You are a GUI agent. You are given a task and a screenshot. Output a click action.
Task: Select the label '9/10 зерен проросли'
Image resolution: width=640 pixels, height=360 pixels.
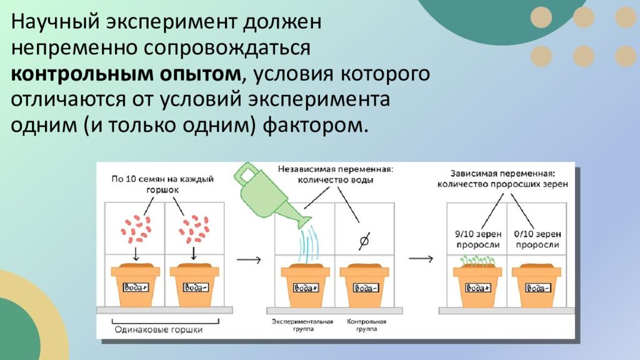tap(477, 239)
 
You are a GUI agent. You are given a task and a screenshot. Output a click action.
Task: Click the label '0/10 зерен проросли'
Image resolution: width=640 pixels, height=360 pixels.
tap(535, 239)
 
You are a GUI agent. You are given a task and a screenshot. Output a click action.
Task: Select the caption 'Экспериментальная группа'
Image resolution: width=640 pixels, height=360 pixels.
tap(302, 325)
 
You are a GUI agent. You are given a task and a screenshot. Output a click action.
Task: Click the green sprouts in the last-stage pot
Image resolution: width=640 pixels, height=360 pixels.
tap(477, 261)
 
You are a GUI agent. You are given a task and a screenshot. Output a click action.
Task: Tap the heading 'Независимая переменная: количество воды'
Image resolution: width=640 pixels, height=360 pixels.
tap(335, 174)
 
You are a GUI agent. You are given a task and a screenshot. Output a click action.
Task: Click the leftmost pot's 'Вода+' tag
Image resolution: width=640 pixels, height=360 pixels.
tap(136, 288)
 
